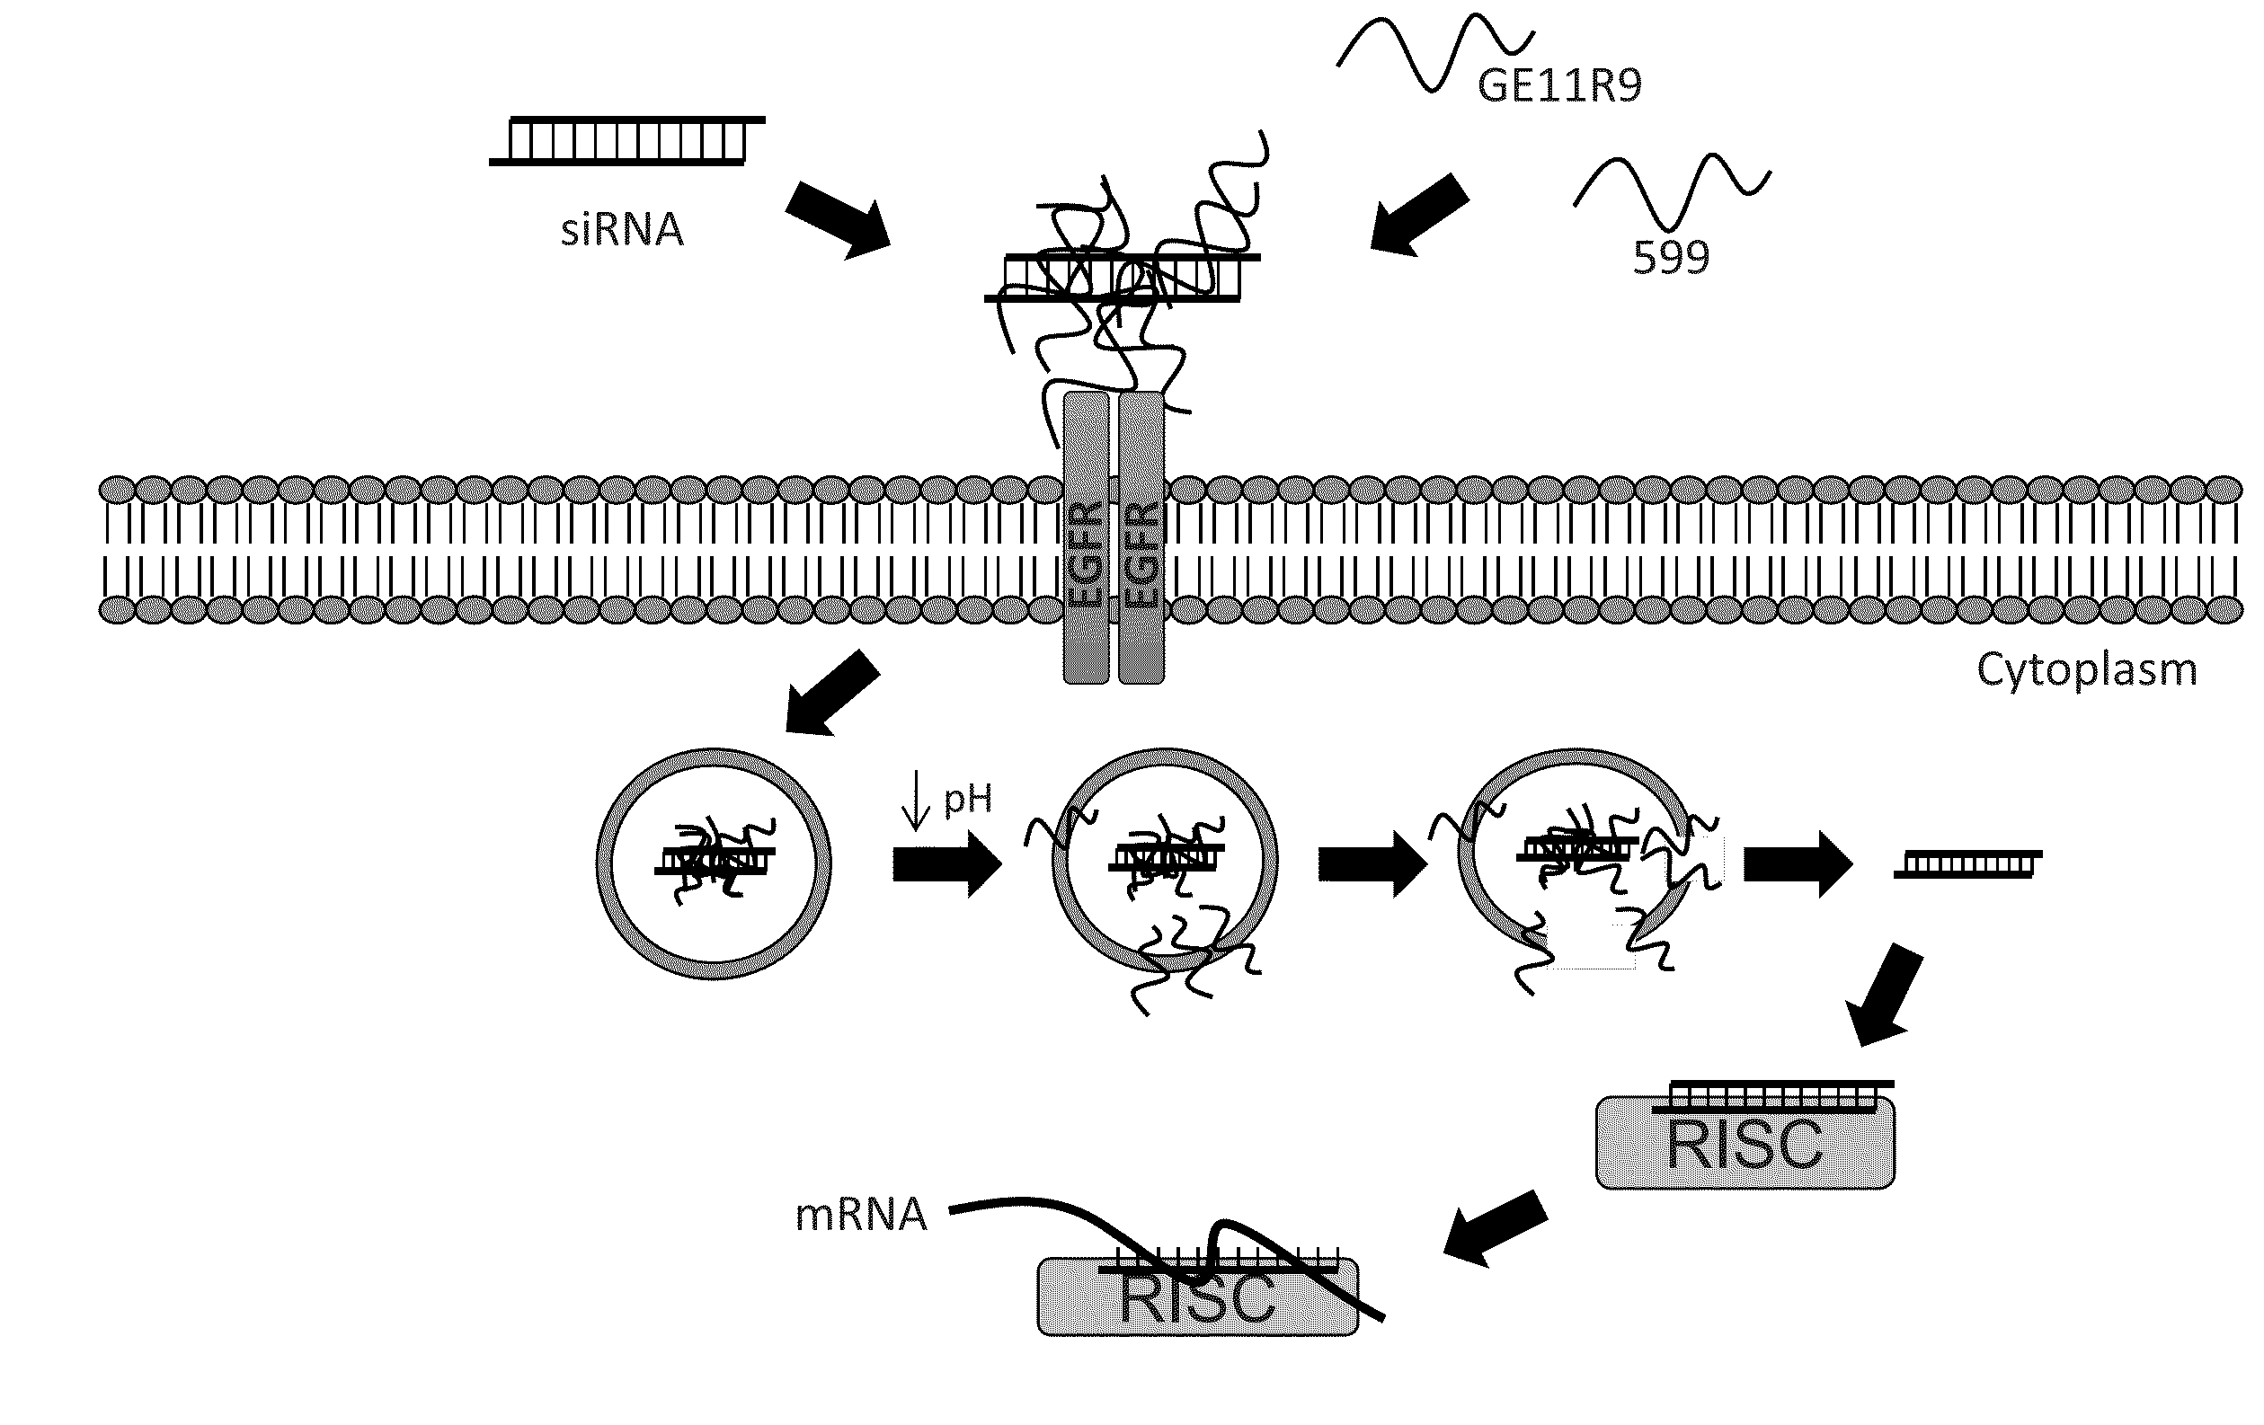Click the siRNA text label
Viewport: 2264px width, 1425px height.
coord(621,229)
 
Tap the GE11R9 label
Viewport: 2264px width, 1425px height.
coord(1558,85)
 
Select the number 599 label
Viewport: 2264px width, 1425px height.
coord(1670,257)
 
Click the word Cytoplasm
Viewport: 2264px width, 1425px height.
coord(2086,670)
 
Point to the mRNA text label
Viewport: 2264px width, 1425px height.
coord(860,1215)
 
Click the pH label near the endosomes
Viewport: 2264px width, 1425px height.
coord(967,799)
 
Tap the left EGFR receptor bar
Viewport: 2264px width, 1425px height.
coord(1086,537)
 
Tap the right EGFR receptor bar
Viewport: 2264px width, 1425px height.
coord(1141,537)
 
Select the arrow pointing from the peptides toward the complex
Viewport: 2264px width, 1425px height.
coord(1419,215)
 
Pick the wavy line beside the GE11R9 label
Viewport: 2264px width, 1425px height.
coord(1434,52)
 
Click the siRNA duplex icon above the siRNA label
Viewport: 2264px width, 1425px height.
coord(627,141)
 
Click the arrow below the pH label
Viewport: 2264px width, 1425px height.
coord(946,863)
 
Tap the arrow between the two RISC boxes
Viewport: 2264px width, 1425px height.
coord(1495,1227)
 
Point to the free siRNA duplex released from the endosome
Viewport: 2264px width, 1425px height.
coord(1967,863)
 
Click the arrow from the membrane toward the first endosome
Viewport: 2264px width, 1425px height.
coord(831,693)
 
